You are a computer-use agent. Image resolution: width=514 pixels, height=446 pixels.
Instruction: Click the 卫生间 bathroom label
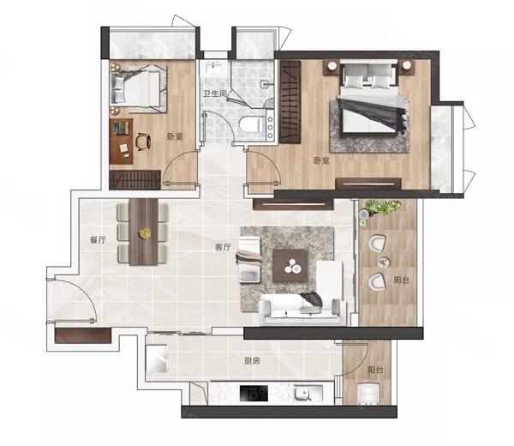click(x=215, y=93)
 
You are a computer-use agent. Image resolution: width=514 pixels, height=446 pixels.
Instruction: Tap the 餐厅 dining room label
click(x=98, y=240)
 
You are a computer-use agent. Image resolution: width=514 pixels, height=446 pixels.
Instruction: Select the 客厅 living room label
click(x=223, y=247)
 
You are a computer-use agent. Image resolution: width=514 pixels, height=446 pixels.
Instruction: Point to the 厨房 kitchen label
click(x=252, y=361)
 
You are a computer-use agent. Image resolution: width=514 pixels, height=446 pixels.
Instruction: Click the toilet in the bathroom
click(x=252, y=124)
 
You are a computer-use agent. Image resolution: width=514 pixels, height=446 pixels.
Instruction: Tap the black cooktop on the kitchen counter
click(x=254, y=393)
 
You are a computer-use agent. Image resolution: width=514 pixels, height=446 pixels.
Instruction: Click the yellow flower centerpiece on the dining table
click(x=145, y=233)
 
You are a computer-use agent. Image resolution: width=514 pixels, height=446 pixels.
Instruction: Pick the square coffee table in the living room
click(x=290, y=266)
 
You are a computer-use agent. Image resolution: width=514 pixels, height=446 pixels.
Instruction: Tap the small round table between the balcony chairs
click(x=383, y=262)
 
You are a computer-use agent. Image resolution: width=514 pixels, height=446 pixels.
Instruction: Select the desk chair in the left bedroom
click(x=143, y=142)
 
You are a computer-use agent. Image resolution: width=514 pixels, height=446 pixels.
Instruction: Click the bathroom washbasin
click(x=214, y=69)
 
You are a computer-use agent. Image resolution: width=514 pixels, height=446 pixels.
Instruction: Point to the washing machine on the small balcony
click(x=368, y=394)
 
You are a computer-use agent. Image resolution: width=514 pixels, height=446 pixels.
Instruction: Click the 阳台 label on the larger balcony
click(x=402, y=280)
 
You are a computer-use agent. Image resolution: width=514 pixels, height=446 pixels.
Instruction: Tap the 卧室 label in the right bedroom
click(x=321, y=160)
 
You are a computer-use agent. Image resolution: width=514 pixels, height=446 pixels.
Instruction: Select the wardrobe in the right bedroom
click(x=290, y=102)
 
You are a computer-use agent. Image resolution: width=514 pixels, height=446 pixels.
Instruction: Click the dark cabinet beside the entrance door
click(x=82, y=335)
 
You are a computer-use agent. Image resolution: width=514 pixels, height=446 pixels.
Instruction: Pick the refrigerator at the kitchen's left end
click(x=157, y=359)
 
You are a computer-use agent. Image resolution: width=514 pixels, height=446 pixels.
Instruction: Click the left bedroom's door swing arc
click(x=170, y=160)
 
